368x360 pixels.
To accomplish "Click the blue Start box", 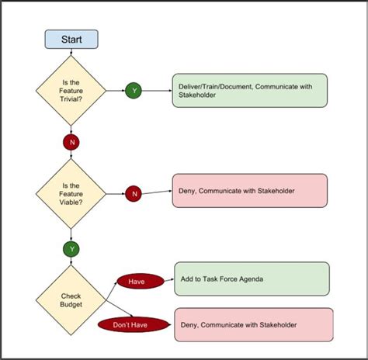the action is (x=71, y=40).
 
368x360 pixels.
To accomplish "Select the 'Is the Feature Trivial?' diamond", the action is (x=71, y=91).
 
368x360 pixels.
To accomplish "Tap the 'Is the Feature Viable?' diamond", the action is (x=71, y=194).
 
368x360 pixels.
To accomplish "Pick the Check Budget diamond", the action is (x=71, y=300).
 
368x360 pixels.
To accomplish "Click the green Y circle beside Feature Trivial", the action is (x=134, y=91).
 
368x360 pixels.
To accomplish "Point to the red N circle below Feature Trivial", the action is (x=71, y=142).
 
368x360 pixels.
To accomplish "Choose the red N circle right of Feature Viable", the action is (x=134, y=194).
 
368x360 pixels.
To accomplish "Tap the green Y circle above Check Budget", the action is (x=71, y=249).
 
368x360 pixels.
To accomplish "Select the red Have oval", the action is (x=141, y=282).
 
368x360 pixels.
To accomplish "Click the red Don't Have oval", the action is (x=134, y=325).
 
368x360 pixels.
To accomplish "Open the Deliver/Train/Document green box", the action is (x=250, y=91).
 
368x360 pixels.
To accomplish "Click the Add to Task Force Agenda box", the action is (x=252, y=279).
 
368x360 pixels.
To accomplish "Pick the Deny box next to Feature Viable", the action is (x=250, y=191).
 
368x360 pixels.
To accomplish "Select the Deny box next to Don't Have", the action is (x=254, y=324).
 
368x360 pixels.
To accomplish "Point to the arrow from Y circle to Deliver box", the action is (x=157, y=91).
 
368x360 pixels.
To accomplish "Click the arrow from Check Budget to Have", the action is (x=111, y=291).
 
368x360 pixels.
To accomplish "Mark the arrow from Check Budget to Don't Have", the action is (x=120, y=309).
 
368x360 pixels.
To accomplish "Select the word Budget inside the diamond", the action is (x=71, y=304).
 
